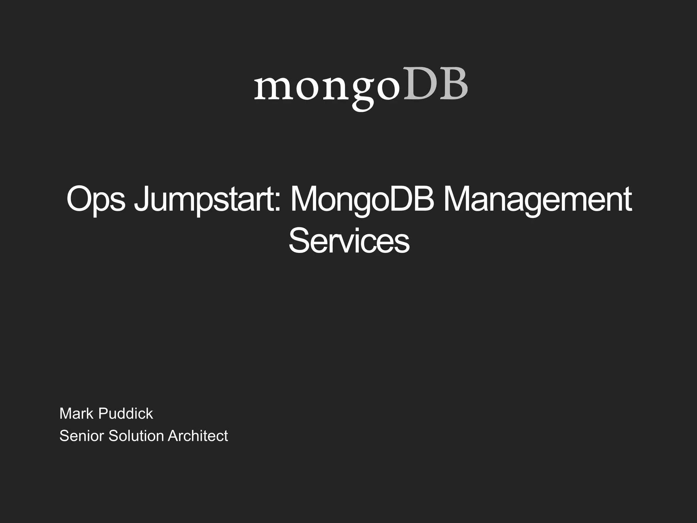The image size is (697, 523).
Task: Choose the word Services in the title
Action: (x=349, y=241)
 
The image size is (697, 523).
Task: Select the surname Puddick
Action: (x=126, y=414)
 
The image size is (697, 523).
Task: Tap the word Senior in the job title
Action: (x=82, y=436)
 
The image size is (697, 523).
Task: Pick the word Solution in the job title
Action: (x=136, y=436)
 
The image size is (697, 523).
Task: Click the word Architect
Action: (x=198, y=436)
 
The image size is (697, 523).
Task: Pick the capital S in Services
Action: (x=299, y=241)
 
